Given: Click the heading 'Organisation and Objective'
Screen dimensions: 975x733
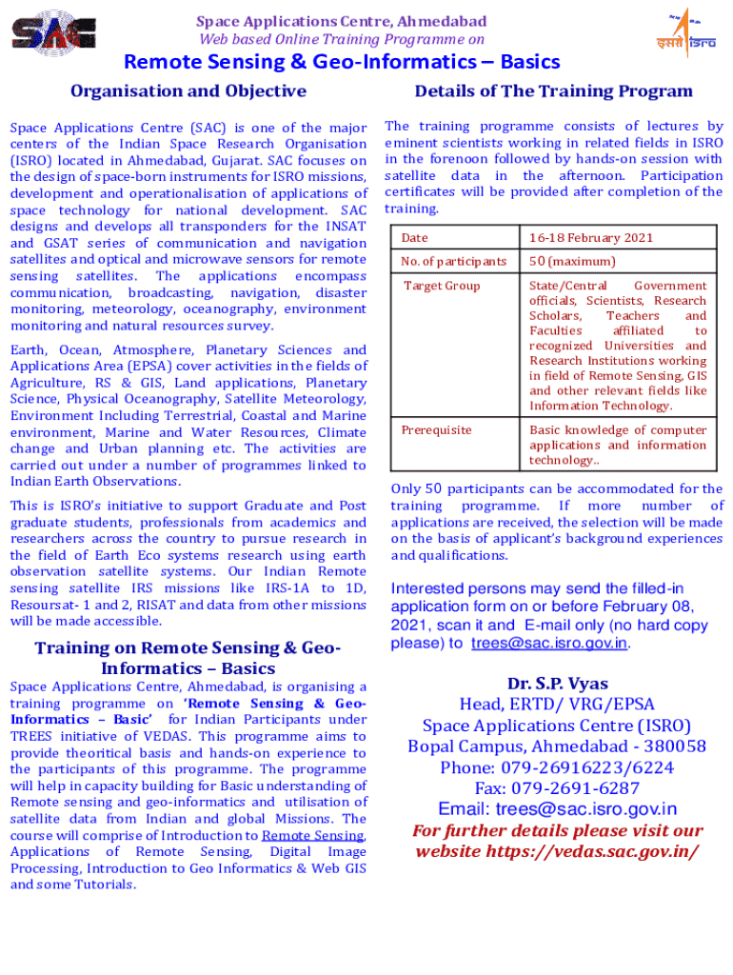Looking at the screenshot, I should [x=188, y=91].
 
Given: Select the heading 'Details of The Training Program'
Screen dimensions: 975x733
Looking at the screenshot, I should [x=553, y=91].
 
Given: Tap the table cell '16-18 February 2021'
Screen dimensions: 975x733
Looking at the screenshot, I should [x=591, y=237].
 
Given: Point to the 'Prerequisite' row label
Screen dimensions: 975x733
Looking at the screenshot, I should [x=436, y=430].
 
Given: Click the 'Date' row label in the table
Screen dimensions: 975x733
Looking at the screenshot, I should [x=415, y=237].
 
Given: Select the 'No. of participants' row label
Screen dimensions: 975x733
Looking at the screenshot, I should [x=454, y=261].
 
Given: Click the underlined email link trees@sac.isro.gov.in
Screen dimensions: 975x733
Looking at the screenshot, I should [x=549, y=644].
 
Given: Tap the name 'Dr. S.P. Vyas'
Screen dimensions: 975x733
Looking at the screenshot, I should [x=557, y=684].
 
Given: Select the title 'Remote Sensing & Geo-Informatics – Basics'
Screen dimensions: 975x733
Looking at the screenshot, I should [x=343, y=63].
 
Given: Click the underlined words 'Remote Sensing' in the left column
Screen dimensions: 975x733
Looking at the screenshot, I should [x=313, y=836].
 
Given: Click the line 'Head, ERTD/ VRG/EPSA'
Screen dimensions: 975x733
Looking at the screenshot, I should [x=557, y=705].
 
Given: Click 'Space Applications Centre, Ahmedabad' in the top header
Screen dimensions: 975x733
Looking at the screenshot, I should [x=341, y=21].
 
